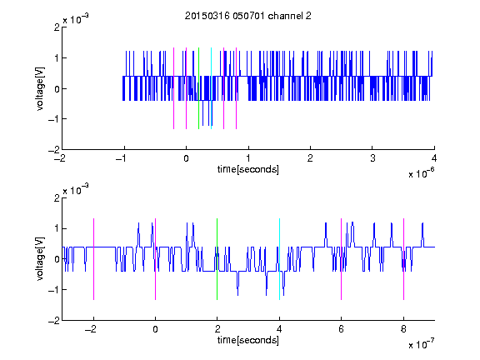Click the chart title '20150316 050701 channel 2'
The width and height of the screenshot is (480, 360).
[x=248, y=16]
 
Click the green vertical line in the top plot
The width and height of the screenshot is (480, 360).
[x=198, y=88]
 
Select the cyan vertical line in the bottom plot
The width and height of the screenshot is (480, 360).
[x=279, y=259]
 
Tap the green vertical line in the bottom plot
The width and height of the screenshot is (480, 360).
[x=217, y=259]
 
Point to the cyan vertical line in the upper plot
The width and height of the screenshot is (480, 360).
[x=211, y=88]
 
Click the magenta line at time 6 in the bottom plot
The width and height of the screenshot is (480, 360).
[x=342, y=259]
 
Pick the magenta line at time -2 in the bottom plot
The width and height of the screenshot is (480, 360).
[x=93, y=259]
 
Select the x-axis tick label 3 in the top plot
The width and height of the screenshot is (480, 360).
[x=372, y=158]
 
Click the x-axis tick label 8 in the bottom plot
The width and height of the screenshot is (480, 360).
[x=403, y=329]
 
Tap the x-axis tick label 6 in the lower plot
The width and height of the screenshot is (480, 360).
[x=342, y=329]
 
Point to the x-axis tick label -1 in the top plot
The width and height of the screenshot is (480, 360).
[x=121, y=158]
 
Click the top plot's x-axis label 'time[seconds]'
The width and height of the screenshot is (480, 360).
[x=248, y=169]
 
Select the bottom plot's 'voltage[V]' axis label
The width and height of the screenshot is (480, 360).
[x=40, y=259]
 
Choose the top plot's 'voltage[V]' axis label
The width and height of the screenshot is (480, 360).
[x=40, y=88]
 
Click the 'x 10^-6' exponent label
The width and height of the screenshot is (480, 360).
[x=421, y=173]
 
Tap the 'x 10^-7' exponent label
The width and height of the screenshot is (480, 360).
[x=421, y=344]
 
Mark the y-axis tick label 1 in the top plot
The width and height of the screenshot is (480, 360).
[x=57, y=58]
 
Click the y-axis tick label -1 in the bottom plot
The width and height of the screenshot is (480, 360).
[x=54, y=290]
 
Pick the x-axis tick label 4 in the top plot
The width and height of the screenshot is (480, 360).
[x=434, y=158]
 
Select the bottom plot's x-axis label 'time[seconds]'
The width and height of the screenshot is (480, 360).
[x=248, y=340]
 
